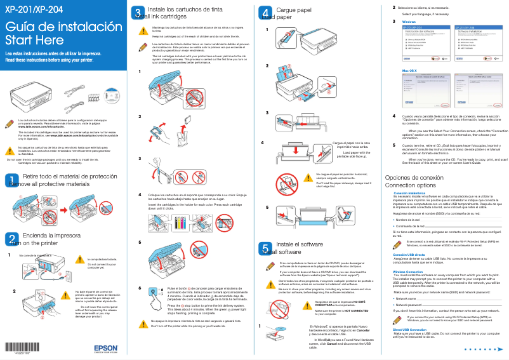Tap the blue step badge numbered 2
tap(13, 239)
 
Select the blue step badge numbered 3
tap(138, 13)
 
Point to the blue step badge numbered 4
tap(265, 13)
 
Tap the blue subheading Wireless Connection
tap(407, 272)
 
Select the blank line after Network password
tap(463, 305)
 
